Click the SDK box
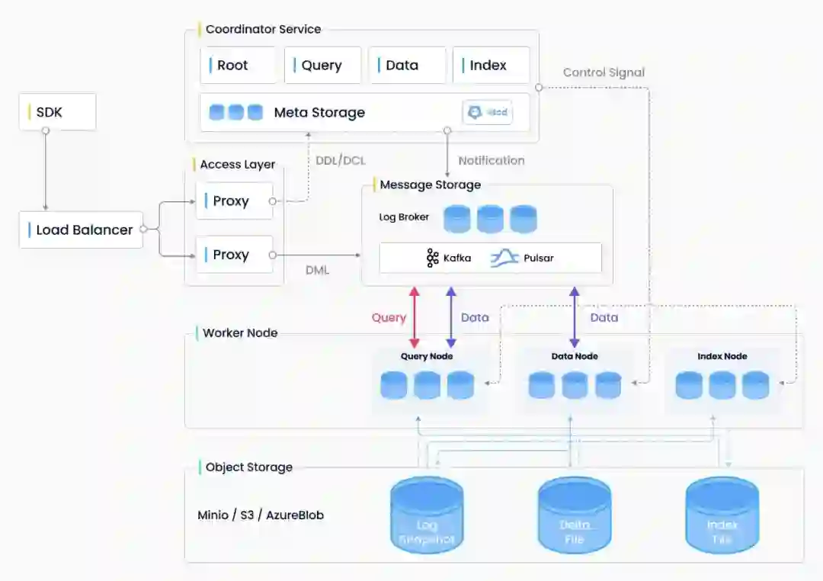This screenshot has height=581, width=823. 57,112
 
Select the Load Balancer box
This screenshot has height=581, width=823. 81,230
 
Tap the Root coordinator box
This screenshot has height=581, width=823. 238,66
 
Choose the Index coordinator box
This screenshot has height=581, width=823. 491,66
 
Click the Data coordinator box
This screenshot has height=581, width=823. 407,66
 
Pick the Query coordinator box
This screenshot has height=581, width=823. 322,66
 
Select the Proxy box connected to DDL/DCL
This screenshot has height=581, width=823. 234,201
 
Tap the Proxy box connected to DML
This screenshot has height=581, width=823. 234,255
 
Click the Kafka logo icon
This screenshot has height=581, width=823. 433,258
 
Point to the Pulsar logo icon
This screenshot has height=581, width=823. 504,258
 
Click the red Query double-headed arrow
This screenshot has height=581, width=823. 415,317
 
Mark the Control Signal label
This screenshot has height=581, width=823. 604,72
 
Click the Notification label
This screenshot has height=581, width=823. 491,160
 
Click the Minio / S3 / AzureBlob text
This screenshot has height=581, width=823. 261,515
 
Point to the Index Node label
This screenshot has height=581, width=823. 722,356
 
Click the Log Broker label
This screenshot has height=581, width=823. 404,217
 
